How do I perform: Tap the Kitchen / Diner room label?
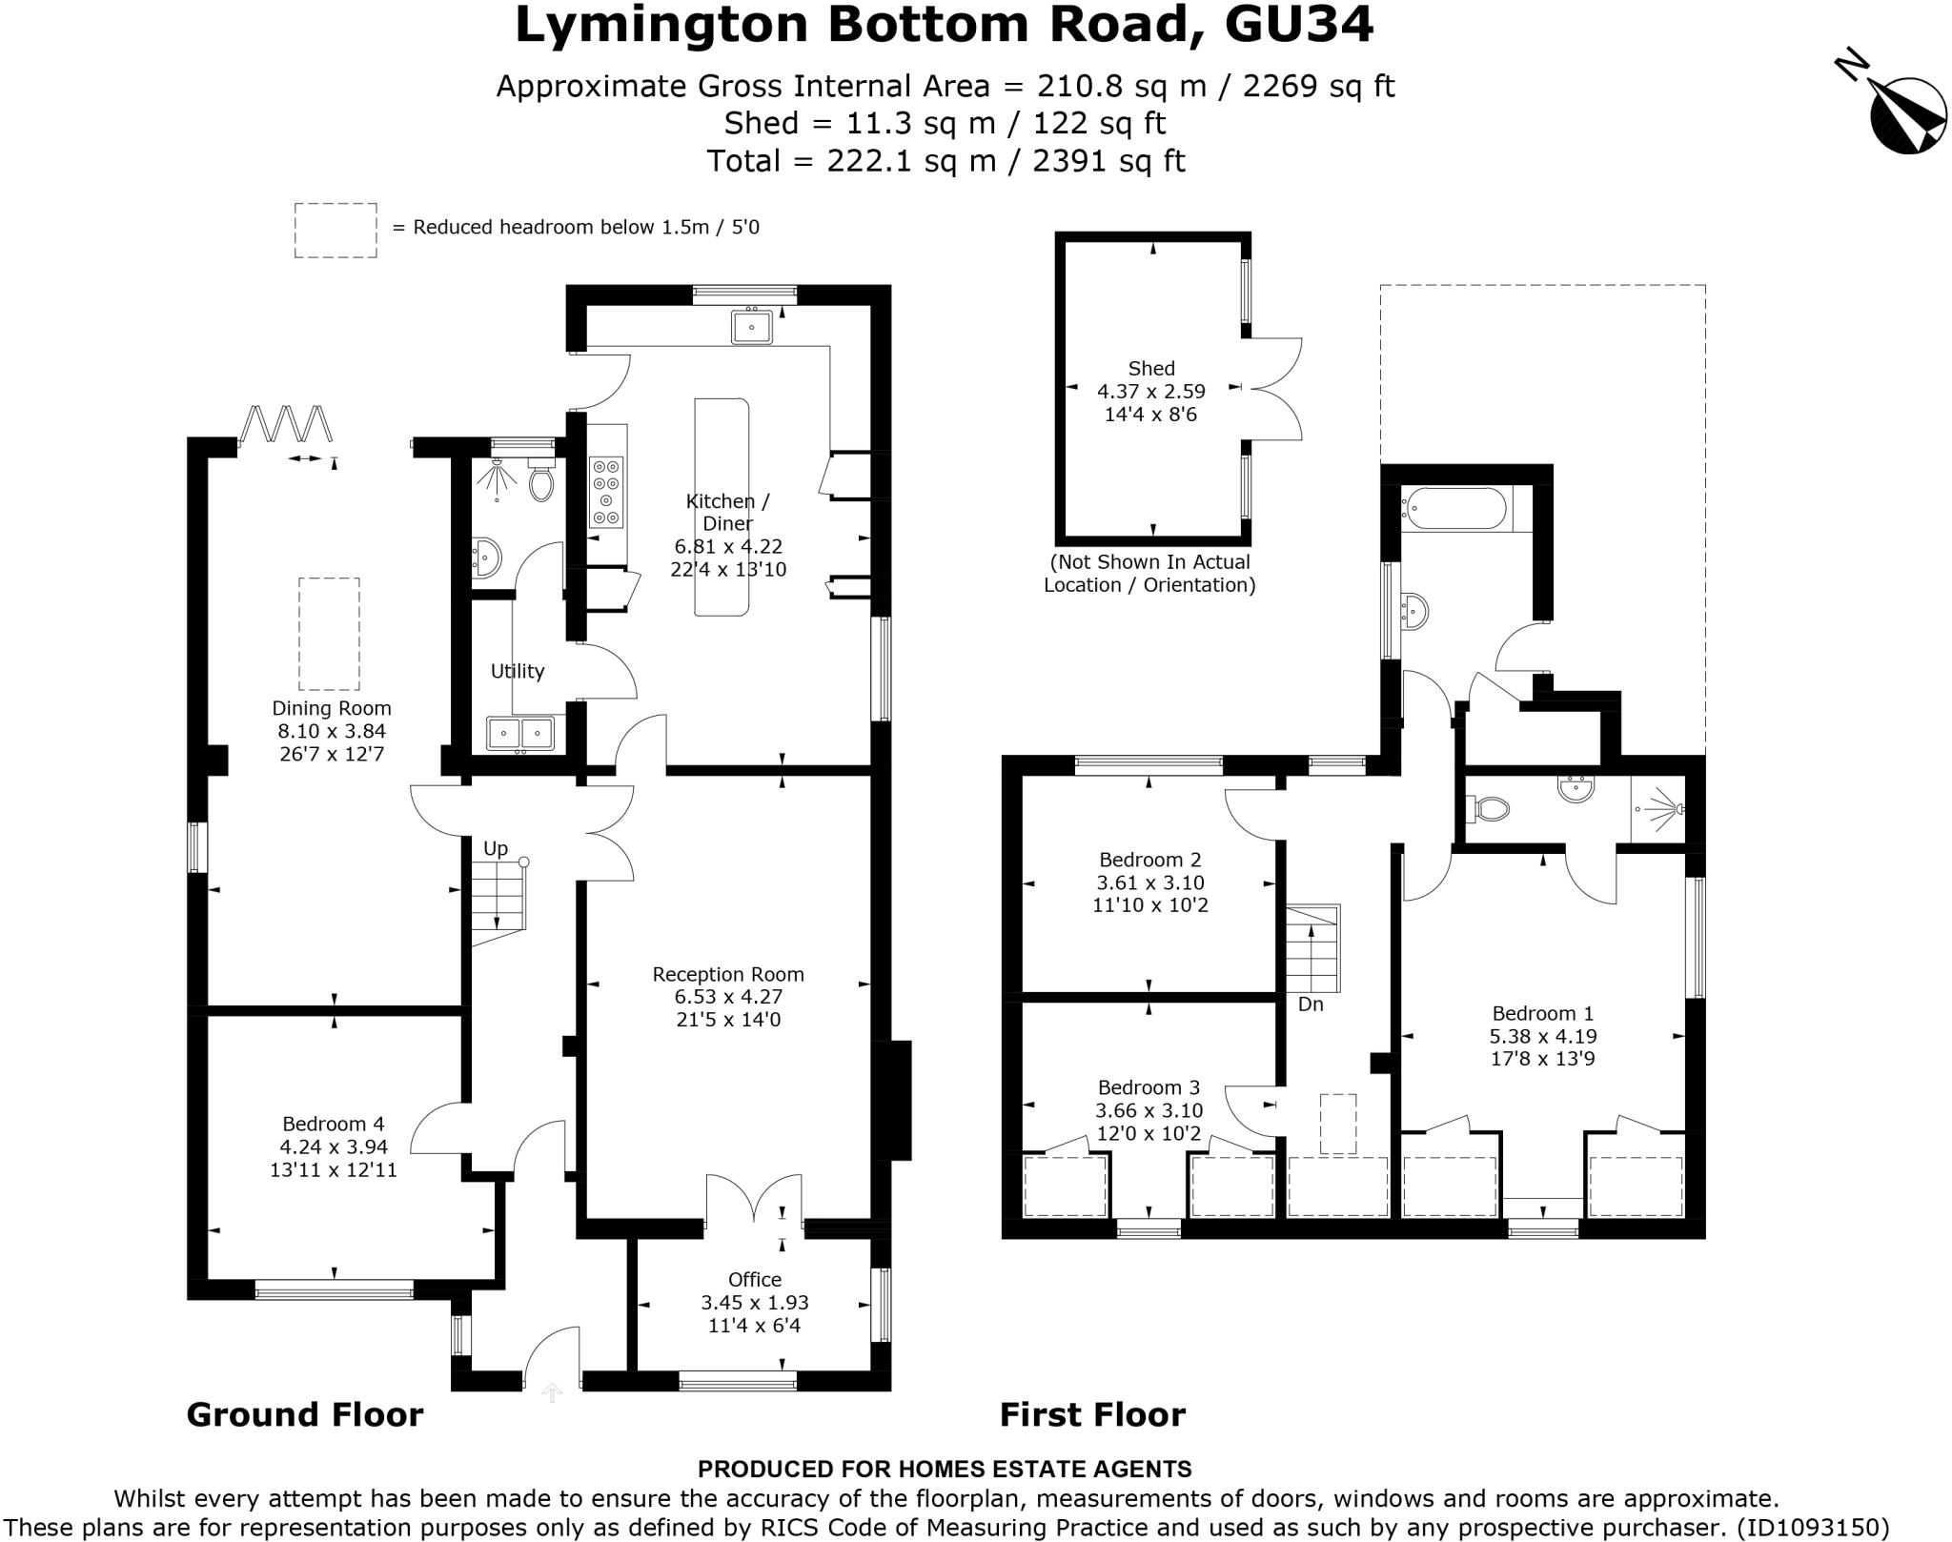727,512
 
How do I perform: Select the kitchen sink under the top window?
752,327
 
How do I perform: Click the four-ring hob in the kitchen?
606,492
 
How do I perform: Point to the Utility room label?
518,671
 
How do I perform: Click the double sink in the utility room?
520,733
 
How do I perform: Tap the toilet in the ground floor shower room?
540,481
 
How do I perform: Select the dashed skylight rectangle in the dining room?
329,634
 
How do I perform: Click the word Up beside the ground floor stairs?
495,848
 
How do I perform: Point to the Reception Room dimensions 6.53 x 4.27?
727,997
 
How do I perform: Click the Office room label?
754,1280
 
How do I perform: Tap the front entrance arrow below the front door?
552,1393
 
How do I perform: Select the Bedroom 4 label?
331,1124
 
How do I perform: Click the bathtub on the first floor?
1454,509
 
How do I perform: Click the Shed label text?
1150,368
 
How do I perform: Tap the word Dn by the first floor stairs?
1311,1004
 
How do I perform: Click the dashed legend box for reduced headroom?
335,230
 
